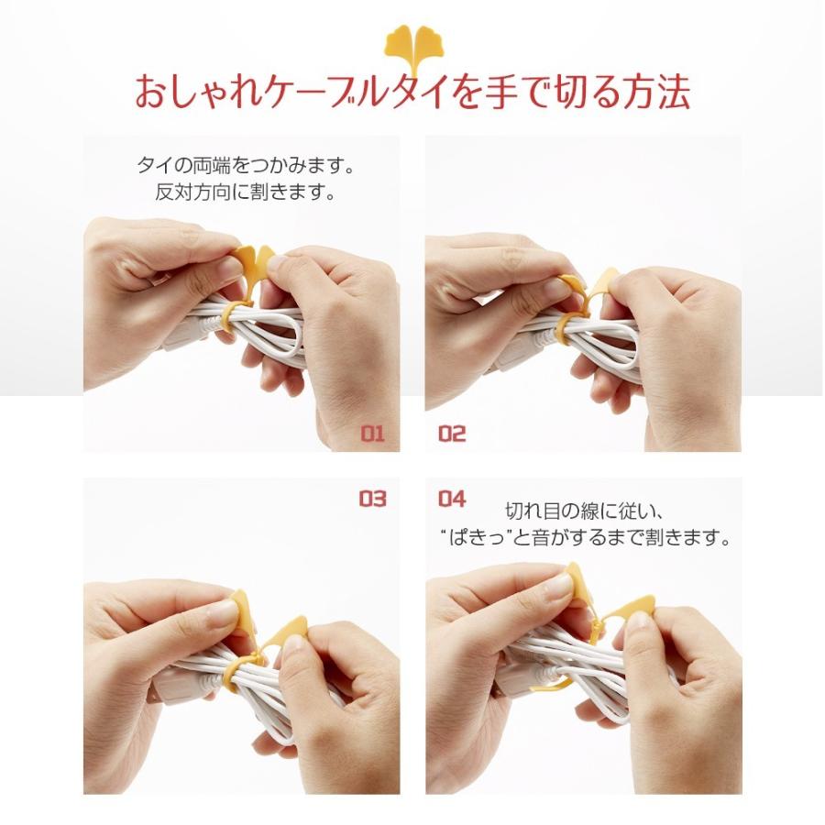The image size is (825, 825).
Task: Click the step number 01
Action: tap(372, 434)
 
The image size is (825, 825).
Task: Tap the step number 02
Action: tap(452, 434)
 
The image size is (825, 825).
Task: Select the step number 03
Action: tap(372, 499)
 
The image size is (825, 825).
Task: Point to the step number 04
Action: tap(452, 499)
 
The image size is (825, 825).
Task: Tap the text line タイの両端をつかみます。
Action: tap(245, 167)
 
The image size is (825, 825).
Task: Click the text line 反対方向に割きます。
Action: tap(245, 193)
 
